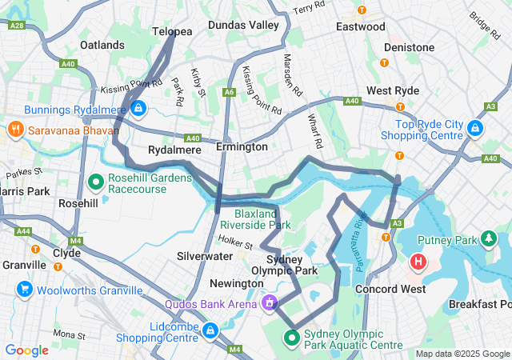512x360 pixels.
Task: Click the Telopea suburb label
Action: (172, 31)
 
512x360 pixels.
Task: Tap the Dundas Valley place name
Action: (243, 26)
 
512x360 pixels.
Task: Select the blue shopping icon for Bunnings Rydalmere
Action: (138, 108)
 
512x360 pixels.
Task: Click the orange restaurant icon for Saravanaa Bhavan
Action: (15, 129)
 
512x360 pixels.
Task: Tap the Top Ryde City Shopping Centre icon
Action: (474, 128)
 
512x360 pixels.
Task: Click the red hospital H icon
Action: (418, 261)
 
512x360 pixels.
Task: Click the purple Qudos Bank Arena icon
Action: (270, 303)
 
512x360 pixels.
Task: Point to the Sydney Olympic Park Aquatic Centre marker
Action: (292, 338)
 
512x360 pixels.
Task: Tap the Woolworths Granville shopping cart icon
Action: (24, 290)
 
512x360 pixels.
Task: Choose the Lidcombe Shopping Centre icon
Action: (210, 330)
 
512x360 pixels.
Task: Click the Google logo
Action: (26, 350)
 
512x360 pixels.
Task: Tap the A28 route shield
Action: (16, 26)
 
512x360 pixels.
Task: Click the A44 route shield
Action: (23, 231)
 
